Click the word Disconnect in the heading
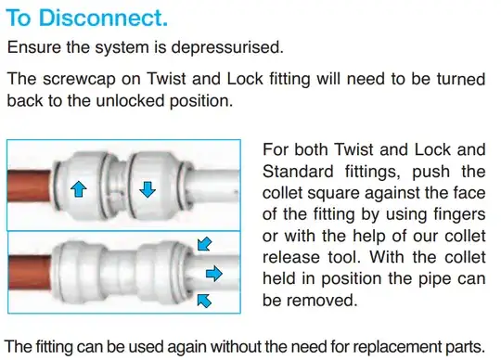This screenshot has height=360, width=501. (103, 18)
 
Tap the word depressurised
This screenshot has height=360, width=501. (227, 47)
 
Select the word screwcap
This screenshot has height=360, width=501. (79, 79)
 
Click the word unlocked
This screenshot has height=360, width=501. (130, 100)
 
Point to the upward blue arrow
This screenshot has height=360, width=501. (79, 188)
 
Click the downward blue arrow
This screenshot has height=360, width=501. (148, 189)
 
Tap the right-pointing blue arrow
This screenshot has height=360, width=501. (213, 274)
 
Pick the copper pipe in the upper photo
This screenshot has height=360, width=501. (29, 186)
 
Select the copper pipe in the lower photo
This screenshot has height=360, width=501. (30, 272)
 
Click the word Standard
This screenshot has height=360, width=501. (298, 172)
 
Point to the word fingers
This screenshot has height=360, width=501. (459, 214)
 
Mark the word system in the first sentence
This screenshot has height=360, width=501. (122, 47)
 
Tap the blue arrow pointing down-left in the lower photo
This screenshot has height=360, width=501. (204, 244)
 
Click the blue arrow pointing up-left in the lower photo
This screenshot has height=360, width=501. (204, 301)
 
